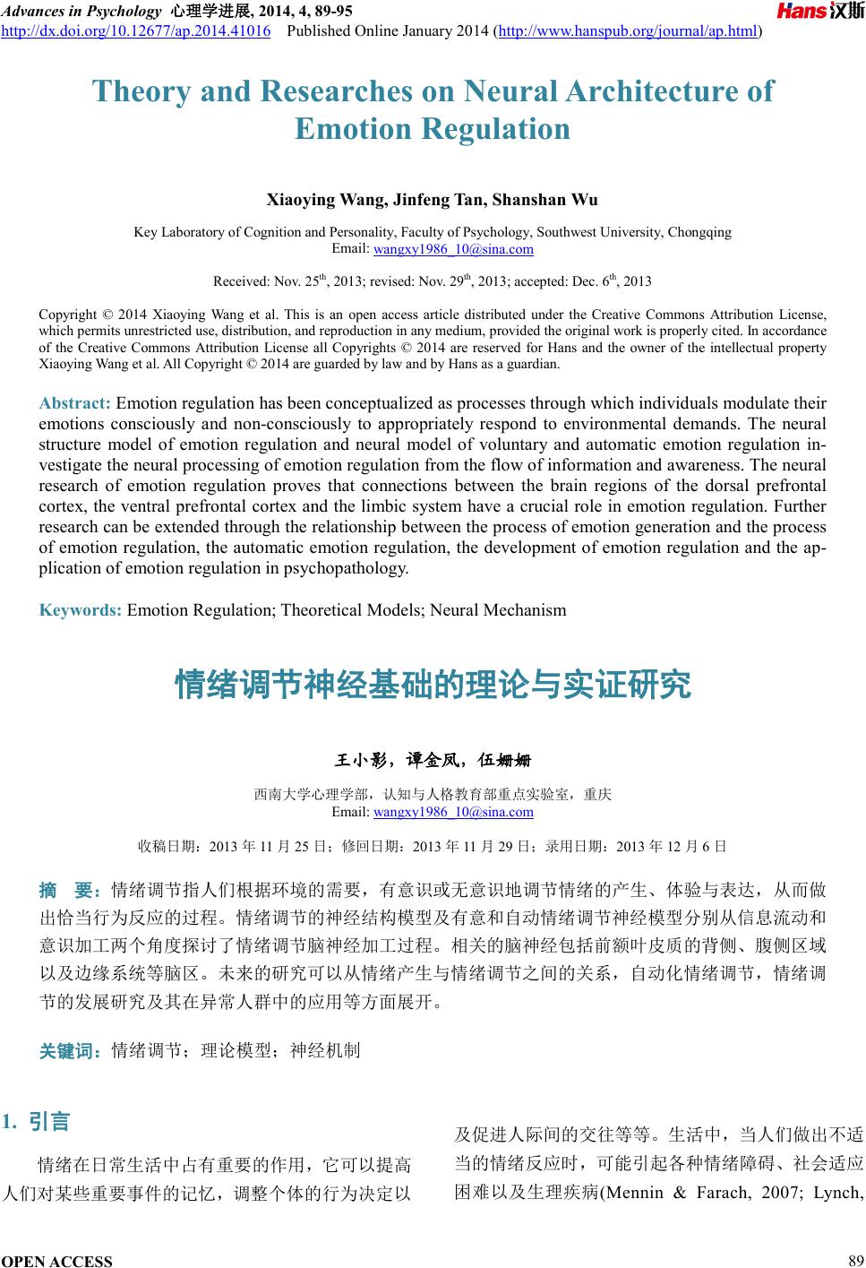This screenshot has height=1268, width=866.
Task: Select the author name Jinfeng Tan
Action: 408,199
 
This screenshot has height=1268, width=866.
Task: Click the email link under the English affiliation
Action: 452,248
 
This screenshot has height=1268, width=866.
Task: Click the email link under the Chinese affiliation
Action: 452,812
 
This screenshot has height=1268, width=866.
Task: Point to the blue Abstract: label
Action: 75,403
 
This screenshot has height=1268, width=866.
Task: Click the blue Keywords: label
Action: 81,610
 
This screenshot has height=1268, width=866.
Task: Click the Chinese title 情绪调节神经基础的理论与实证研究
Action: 433,686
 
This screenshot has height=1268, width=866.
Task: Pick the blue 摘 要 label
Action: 70,891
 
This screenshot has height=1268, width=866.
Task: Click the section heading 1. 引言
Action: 37,1121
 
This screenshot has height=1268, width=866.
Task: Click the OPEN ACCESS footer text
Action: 57,1261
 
